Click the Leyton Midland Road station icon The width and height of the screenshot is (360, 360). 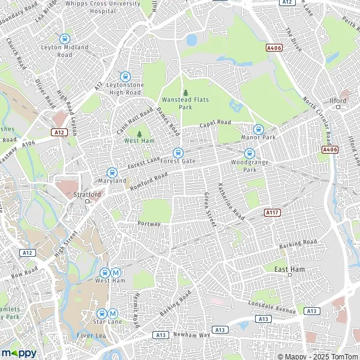(65, 38)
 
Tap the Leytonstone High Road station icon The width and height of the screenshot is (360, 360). (125, 76)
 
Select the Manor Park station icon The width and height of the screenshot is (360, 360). (259, 129)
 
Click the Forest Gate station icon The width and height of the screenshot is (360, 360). (178, 153)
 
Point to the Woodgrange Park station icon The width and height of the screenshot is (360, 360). (249, 153)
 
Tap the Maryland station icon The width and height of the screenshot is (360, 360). (112, 172)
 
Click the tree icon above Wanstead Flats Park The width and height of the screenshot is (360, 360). (185, 92)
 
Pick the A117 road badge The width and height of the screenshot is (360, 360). (272, 212)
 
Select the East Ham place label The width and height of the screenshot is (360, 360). (287, 270)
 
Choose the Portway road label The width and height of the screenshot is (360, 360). (149, 224)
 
